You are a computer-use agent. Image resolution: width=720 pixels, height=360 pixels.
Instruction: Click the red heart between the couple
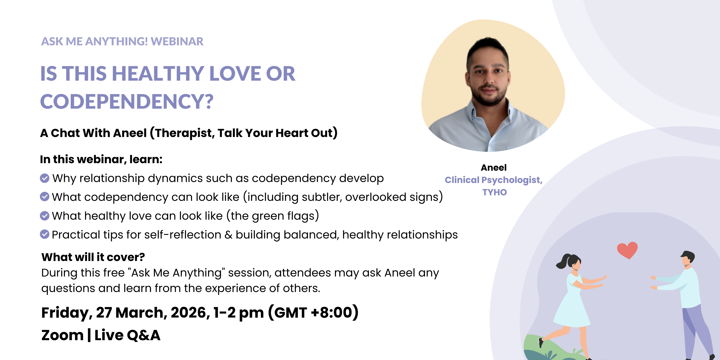627,250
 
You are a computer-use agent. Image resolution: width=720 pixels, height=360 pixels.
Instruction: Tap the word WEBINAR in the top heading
177,41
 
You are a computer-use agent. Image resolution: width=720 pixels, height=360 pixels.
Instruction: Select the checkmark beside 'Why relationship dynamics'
45,178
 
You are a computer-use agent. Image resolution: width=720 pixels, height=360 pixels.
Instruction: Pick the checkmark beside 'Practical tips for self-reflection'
45,234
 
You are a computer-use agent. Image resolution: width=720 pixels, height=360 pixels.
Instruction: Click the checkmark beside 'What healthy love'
45,215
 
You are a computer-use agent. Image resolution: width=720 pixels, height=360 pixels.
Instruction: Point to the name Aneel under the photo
494,167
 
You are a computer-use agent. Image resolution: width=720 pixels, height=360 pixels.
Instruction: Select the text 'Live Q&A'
127,335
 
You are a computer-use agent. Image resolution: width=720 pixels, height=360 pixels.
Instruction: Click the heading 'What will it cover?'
93,257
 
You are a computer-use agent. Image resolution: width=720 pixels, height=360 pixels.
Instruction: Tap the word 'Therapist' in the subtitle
185,133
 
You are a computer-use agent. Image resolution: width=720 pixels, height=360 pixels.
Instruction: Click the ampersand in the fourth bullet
228,235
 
